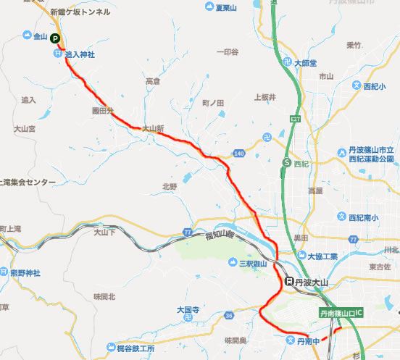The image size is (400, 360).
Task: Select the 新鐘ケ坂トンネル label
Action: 80,12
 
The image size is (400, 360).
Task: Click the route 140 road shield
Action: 240,153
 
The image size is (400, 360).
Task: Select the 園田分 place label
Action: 104,112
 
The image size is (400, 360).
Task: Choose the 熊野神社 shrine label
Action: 25,272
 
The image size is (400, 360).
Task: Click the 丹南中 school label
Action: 309,340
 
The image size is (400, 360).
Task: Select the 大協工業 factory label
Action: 322,256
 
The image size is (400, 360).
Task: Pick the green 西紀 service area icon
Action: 287,163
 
